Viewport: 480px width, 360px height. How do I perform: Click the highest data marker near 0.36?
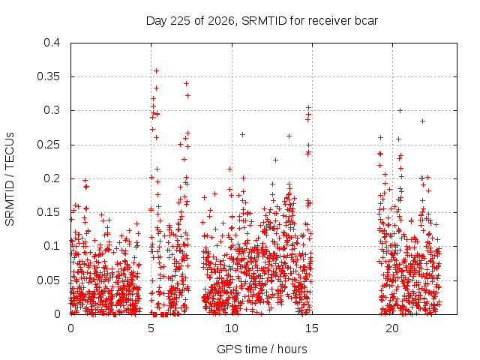coord(156,71)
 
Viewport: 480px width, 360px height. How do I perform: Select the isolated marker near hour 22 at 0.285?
coord(422,121)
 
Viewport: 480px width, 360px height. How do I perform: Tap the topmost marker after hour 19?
coord(400,110)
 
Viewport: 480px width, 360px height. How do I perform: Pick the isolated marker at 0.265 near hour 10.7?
coord(242,135)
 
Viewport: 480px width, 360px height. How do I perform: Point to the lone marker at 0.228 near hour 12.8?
coord(275,160)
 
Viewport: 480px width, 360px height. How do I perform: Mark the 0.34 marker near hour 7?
coord(186,83)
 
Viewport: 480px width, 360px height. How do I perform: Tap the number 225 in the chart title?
coord(180,21)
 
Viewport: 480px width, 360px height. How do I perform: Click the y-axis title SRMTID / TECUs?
coord(10,179)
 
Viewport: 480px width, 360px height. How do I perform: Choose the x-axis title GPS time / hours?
coord(262,349)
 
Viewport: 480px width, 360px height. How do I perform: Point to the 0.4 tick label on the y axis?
coord(52,43)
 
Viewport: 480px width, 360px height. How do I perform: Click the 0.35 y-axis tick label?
coord(48,76)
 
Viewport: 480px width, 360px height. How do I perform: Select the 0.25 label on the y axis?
coord(48,145)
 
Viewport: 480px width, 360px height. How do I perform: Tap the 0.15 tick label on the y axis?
coord(48,212)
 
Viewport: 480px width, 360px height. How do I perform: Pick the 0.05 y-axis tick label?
coord(48,280)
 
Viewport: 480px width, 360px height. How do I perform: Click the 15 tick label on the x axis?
coord(312,328)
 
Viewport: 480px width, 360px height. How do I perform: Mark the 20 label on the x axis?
coord(392,328)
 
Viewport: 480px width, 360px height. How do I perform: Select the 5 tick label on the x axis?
coord(151,328)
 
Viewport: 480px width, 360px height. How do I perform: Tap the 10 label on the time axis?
coord(232,328)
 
